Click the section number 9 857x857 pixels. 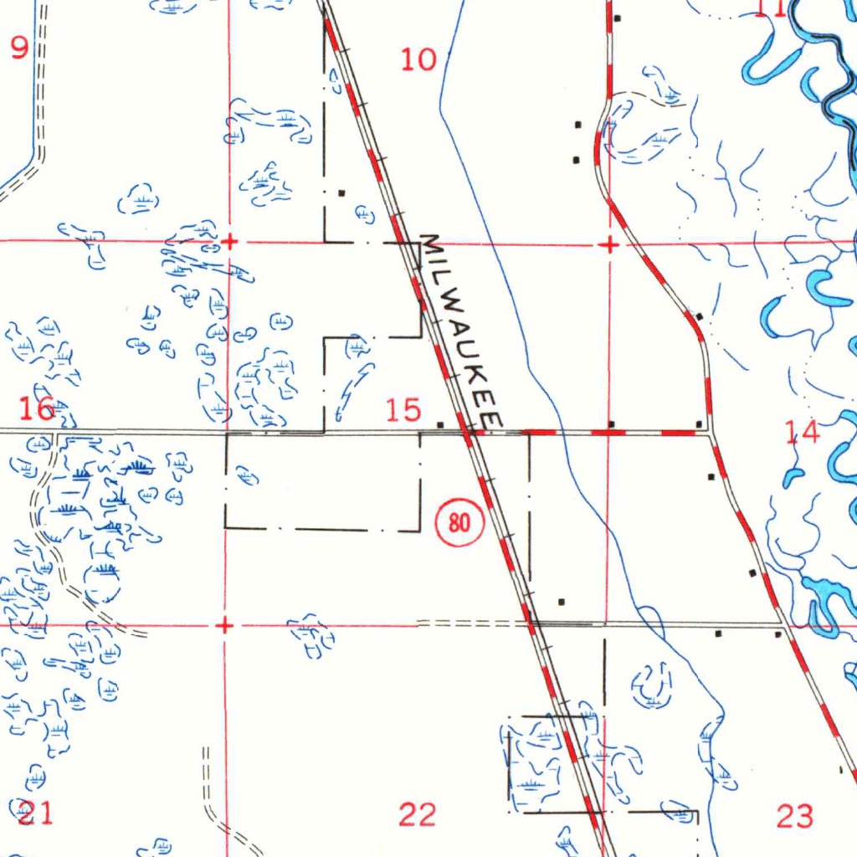[18, 47]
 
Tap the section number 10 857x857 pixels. [418, 59]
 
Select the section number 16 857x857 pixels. [38, 409]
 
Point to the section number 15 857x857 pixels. [403, 410]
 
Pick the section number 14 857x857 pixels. [803, 432]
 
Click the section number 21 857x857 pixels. [35, 812]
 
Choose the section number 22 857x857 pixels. [418, 813]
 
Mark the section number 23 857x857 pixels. [794, 815]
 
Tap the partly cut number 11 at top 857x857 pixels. [770, 9]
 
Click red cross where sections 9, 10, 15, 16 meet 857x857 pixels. [228, 243]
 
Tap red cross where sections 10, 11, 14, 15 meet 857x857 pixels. [610, 244]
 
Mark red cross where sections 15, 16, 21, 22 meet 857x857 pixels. [223, 625]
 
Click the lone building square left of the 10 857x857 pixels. [341, 192]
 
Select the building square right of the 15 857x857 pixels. [440, 423]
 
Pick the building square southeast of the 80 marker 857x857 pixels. [561, 601]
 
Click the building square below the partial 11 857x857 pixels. [617, 18]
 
